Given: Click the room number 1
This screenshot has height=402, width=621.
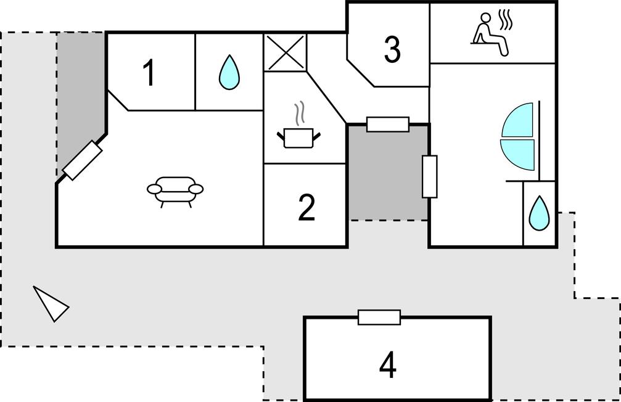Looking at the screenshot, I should coord(149,73).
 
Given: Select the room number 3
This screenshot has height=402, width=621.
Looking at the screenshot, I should coord(392,50).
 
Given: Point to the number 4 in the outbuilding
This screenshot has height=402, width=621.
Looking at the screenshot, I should coord(387,365).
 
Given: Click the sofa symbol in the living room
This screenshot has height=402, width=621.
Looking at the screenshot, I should coord(175,191).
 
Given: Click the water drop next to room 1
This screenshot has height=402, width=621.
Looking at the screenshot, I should coord(229,72).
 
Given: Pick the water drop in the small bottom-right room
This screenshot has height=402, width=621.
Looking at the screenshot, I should coord(540,213).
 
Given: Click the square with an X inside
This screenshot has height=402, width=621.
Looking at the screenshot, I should coord(285,52).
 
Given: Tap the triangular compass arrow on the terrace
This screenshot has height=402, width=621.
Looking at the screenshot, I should coord(51,303).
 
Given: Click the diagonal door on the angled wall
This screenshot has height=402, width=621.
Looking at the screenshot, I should coord(82,160).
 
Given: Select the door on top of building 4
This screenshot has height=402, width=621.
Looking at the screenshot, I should coord(379,318).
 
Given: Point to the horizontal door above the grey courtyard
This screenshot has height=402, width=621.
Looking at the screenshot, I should coord(388,124).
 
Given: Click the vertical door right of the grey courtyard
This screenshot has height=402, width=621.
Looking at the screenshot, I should coord(430,176).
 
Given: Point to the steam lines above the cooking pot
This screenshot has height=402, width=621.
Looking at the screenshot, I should coord(300,113).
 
